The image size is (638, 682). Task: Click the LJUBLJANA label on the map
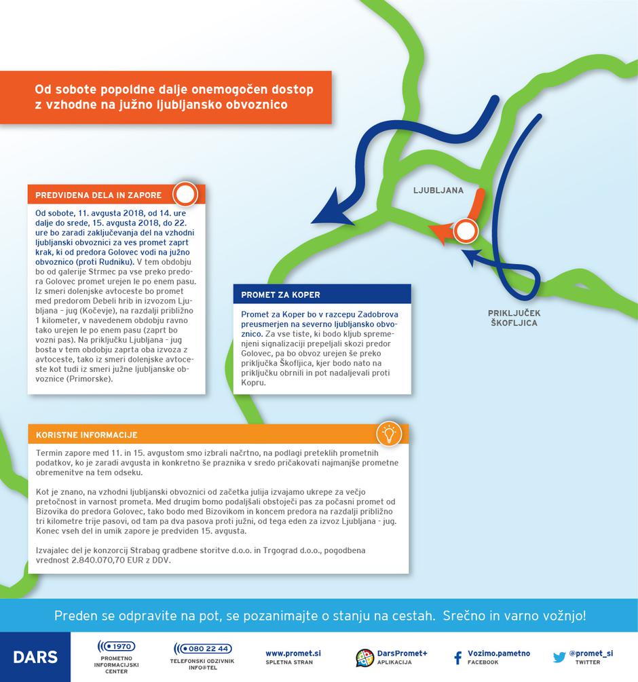tap(438, 191)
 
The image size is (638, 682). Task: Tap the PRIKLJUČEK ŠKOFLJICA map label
tap(514, 318)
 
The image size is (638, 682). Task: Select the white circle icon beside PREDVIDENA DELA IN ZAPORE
tap(185, 195)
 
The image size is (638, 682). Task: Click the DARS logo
tap(35, 657)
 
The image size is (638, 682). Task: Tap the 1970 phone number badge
tap(116, 646)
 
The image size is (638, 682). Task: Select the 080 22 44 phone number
tap(202, 648)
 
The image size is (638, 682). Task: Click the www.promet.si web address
tap(293, 653)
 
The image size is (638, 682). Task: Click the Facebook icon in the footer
tap(457, 657)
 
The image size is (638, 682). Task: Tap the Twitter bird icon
tap(559, 657)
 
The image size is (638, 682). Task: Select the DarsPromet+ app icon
tap(365, 657)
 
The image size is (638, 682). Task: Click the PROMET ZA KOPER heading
tap(280, 295)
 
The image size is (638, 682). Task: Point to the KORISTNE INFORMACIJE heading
tap(87, 434)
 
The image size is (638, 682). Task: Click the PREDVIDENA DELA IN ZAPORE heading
tap(98, 195)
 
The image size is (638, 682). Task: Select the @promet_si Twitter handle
tap(590, 653)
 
